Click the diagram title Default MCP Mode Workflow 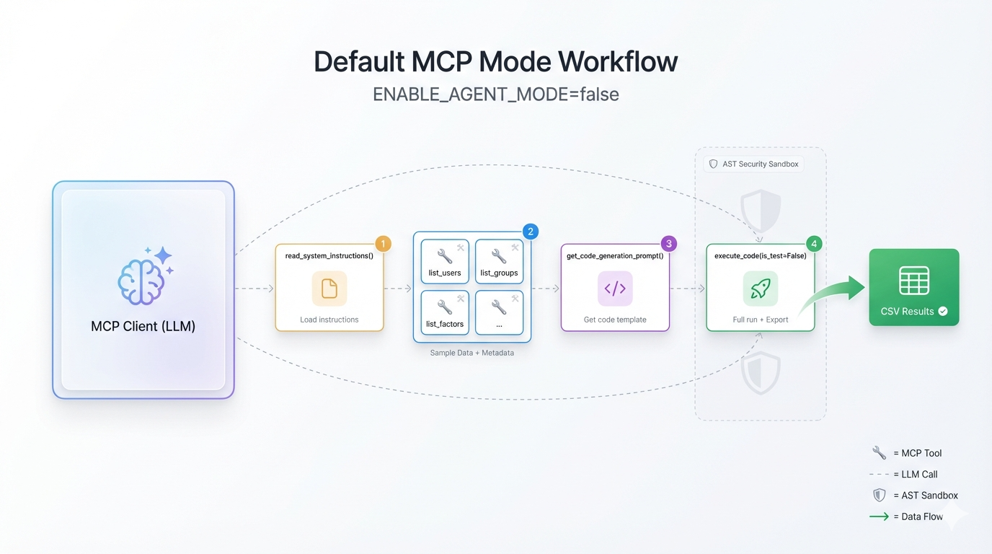point(495,62)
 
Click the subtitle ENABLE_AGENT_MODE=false point(495,94)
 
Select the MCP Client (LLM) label point(143,326)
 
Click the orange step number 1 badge point(383,244)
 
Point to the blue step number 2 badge point(530,232)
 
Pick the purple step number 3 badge point(669,244)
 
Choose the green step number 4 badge point(814,244)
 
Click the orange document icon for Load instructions point(329,289)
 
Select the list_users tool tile point(445,263)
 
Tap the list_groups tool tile point(499,263)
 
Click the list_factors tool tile point(445,313)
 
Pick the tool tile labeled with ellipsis point(499,313)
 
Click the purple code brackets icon point(615,289)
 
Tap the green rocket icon point(760,289)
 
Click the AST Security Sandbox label point(753,164)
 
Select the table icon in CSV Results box point(913,281)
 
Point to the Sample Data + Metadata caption point(471,353)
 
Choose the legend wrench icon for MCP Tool point(879,453)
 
